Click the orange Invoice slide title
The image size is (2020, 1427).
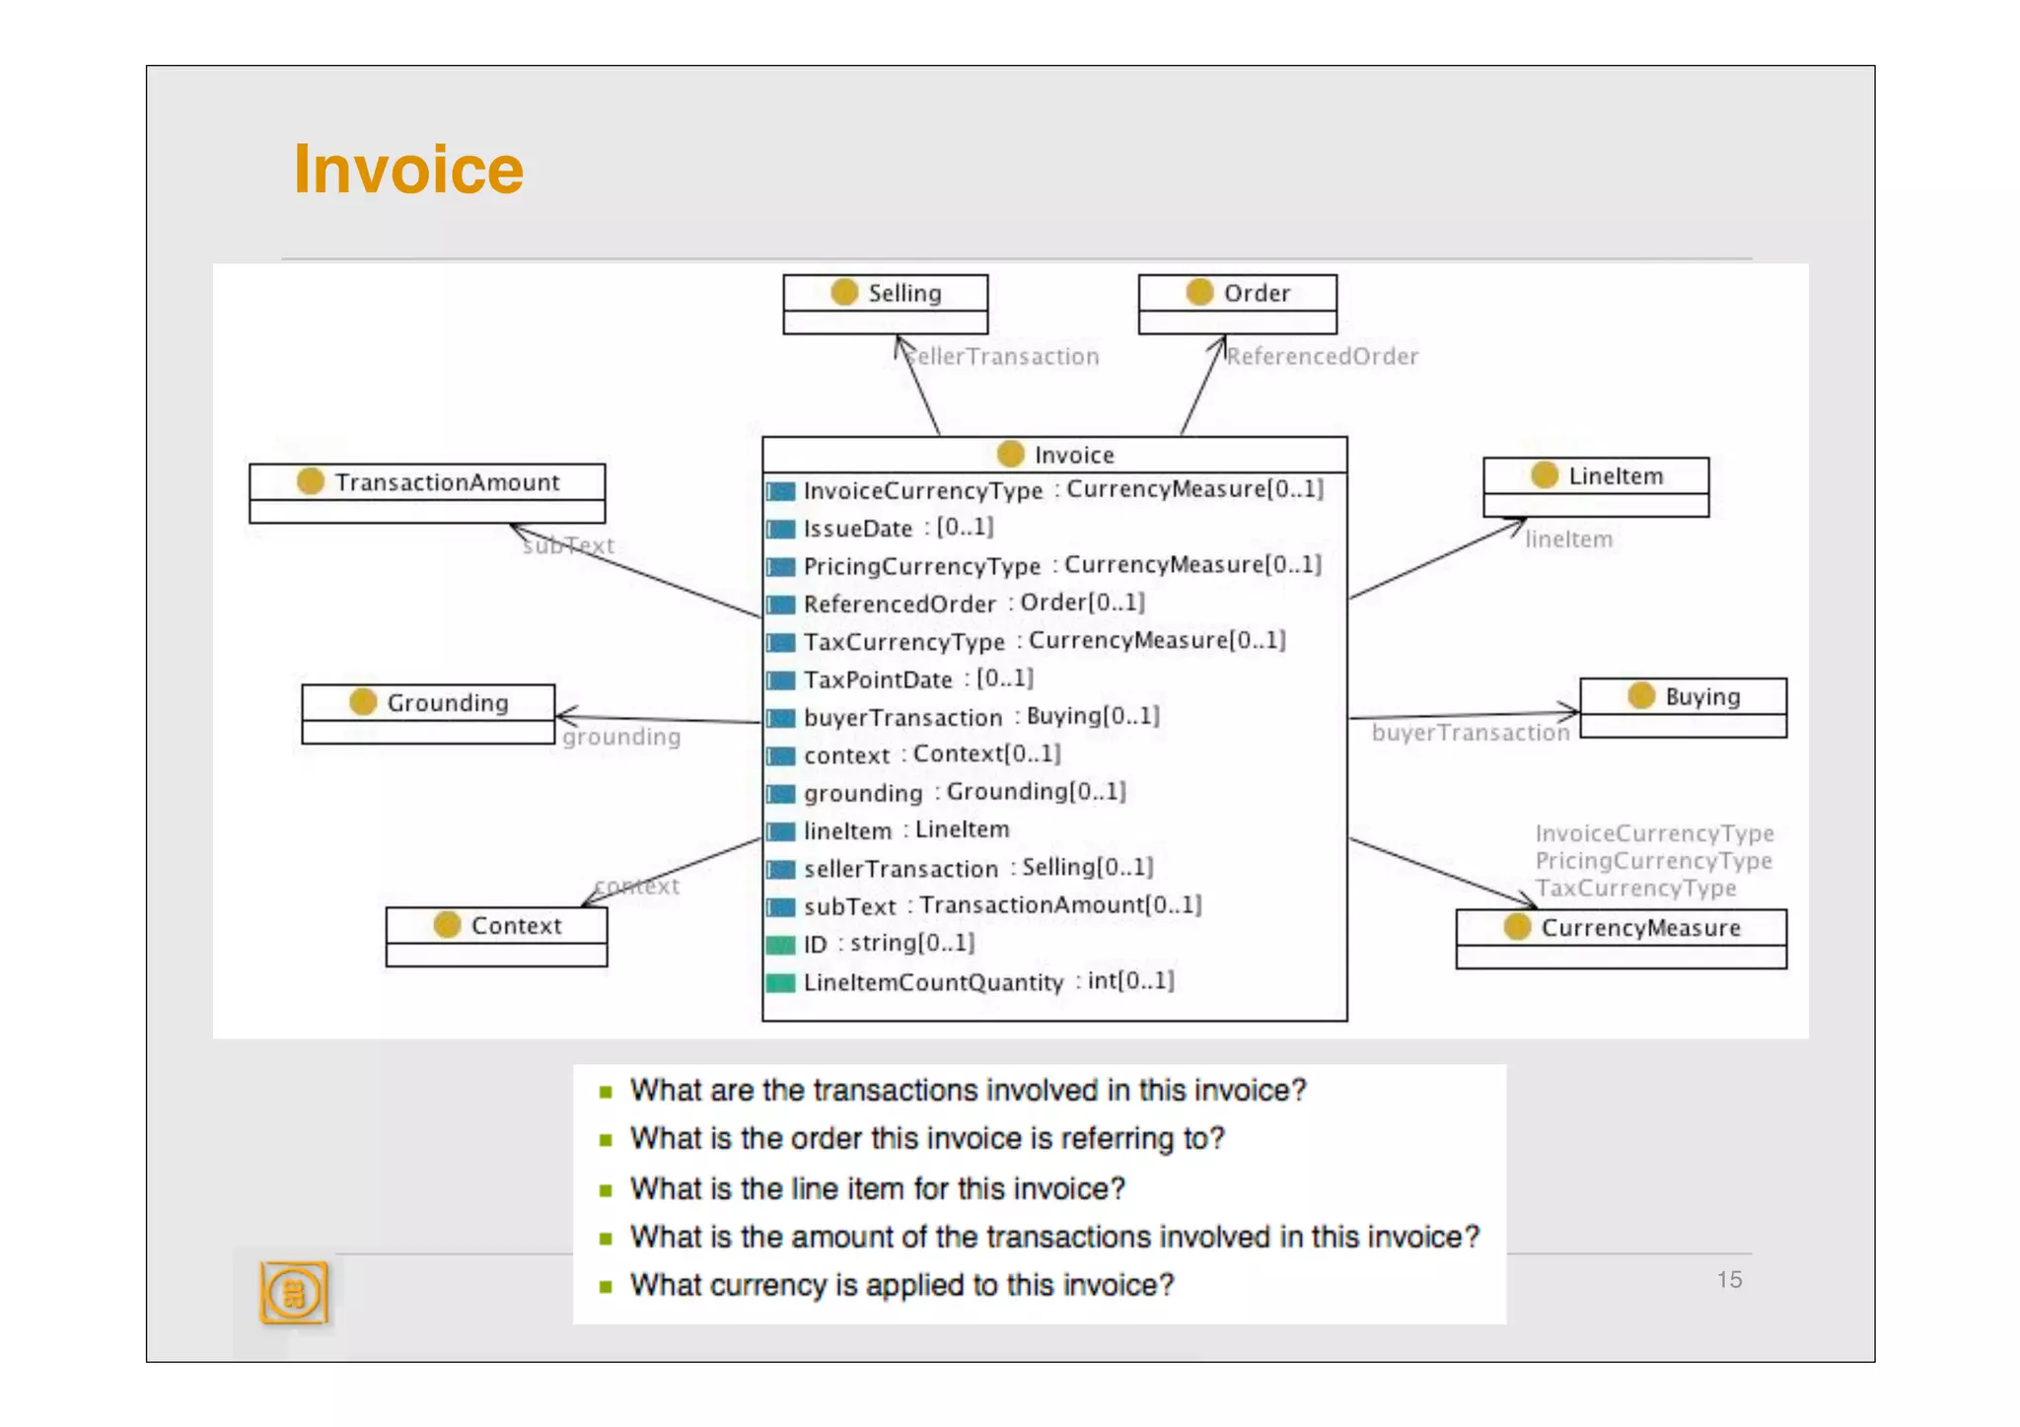point(407,170)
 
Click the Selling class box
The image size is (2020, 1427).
point(885,303)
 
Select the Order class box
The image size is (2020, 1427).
point(1237,303)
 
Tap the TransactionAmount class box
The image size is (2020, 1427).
point(427,492)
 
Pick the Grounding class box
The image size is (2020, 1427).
point(428,713)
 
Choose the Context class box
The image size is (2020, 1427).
point(496,936)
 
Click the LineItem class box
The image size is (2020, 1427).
point(1595,486)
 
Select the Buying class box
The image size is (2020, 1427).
point(1683,707)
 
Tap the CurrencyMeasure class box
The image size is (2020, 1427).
point(1621,938)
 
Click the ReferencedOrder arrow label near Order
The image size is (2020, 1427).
point(1322,356)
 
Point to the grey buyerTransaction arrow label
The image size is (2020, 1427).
point(1470,733)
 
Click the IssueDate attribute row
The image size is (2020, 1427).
point(897,528)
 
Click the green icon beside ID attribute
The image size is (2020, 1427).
point(780,945)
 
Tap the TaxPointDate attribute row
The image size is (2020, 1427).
point(917,679)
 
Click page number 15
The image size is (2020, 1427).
point(1728,1279)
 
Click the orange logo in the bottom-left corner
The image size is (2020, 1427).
point(293,1292)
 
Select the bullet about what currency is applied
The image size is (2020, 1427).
point(902,1285)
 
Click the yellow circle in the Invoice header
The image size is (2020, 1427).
point(1010,454)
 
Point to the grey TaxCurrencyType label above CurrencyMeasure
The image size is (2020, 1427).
point(1635,889)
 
